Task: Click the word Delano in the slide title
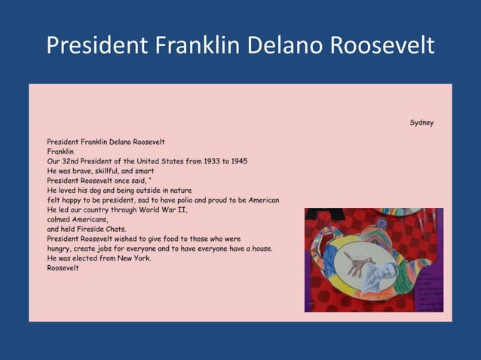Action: pos(286,46)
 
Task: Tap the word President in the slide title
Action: pos(97,46)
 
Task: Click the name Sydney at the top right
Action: pos(421,123)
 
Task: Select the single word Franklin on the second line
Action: pos(60,151)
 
